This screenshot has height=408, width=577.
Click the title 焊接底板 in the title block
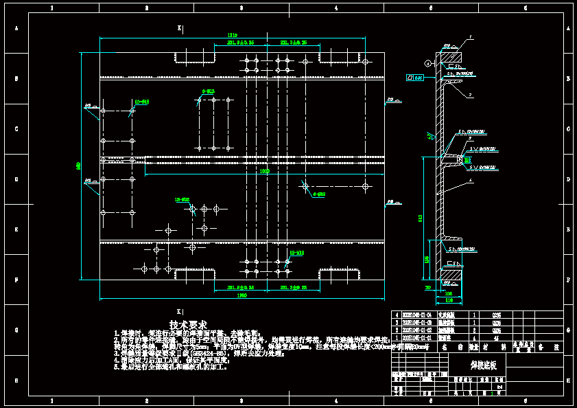coord(488,365)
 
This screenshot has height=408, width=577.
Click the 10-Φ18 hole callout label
coord(141,102)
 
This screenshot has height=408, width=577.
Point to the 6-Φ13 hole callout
coord(208,91)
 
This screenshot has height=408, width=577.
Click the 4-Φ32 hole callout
coord(318,194)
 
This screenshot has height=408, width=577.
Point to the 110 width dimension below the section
coord(449,300)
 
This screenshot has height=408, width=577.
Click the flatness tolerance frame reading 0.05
coord(414,78)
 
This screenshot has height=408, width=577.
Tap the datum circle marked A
coord(427,63)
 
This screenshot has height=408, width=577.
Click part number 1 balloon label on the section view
coord(471,36)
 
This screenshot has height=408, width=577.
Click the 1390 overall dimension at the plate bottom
coord(242,295)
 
